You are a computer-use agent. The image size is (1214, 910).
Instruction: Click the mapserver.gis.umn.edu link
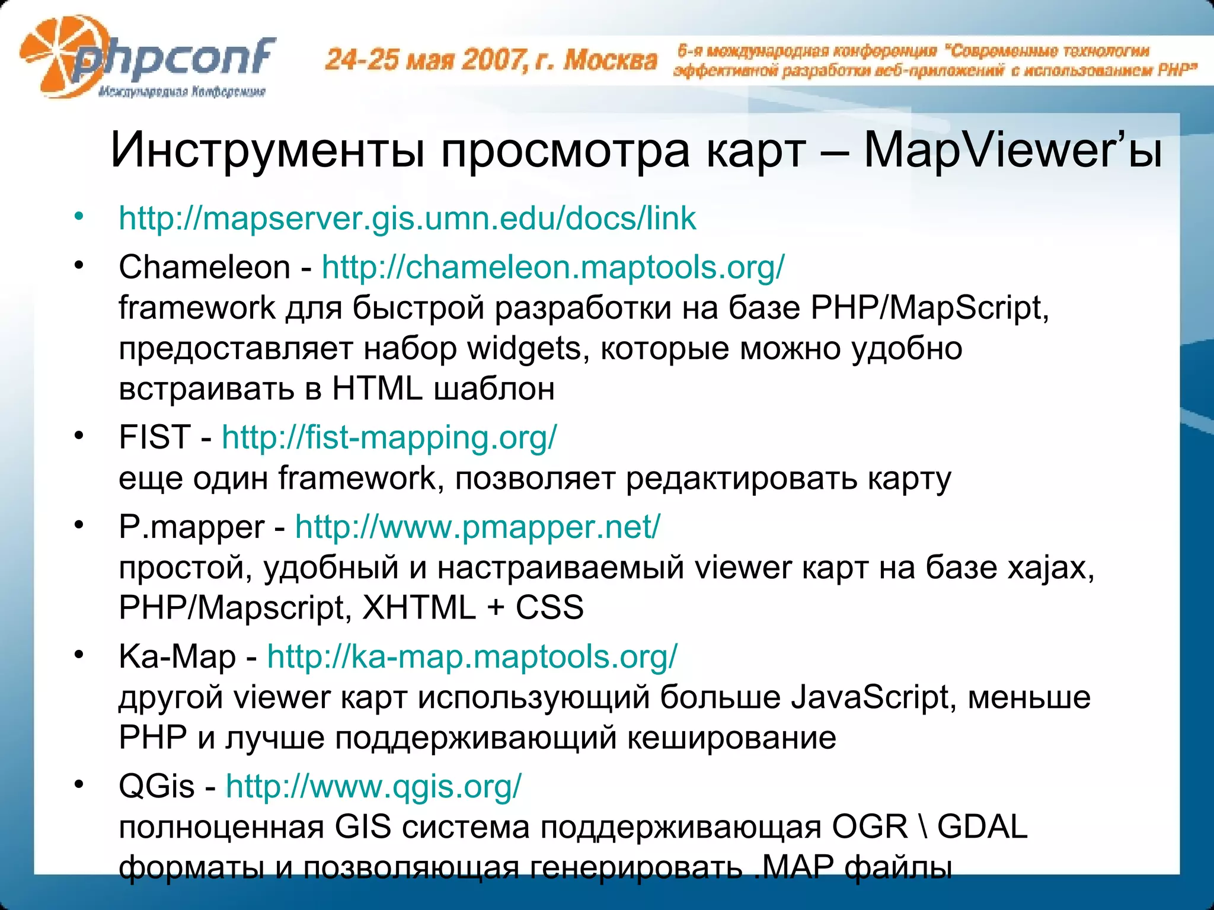pos(407,218)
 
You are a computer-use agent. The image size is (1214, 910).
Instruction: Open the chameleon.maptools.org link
pos(553,267)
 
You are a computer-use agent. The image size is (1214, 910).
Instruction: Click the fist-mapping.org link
pos(389,437)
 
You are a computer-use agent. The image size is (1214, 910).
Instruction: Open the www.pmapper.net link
pos(477,526)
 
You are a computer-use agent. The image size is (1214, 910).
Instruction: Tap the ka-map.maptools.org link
pos(472,656)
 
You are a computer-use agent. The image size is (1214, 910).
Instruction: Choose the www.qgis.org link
pos(373,786)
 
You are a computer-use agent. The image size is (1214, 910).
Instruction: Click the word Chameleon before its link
pos(204,267)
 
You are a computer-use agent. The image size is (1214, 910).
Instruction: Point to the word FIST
pos(155,437)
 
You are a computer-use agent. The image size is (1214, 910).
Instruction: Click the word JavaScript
pos(870,697)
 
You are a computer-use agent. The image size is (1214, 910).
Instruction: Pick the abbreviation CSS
pos(550,607)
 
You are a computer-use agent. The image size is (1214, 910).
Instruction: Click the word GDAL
pos(982,827)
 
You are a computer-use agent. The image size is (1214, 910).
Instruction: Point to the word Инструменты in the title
pos(267,150)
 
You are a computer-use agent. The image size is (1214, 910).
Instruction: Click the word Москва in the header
pos(610,60)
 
